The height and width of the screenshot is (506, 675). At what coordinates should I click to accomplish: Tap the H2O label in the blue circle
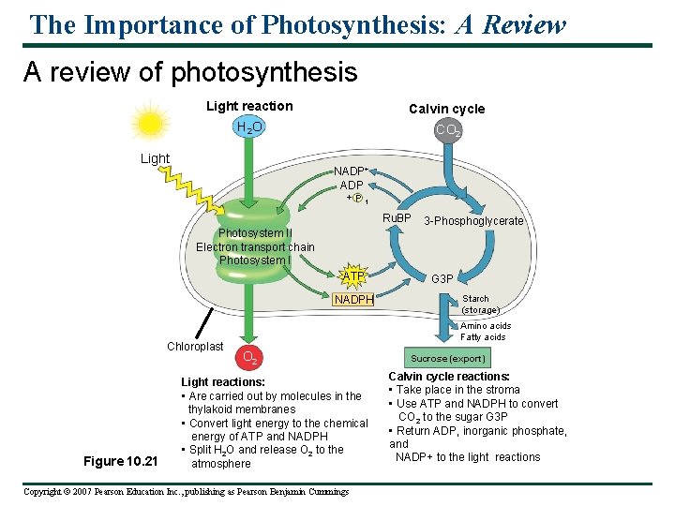(x=249, y=127)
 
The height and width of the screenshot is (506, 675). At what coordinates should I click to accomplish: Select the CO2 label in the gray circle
(x=447, y=131)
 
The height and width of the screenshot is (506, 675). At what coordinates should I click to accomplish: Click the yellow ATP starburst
(x=353, y=276)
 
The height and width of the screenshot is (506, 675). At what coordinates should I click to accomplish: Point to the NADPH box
(x=354, y=300)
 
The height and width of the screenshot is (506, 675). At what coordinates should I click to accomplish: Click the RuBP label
(x=397, y=218)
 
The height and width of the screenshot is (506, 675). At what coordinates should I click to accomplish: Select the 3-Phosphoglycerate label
(x=473, y=222)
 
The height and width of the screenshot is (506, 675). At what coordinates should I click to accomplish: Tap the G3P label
(x=442, y=279)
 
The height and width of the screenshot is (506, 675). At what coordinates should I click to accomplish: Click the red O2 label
(x=249, y=356)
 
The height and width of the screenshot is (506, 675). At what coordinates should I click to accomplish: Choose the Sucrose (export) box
(x=448, y=358)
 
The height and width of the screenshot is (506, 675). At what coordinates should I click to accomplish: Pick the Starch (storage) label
(x=480, y=305)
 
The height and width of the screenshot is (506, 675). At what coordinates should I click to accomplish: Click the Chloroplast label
(x=195, y=347)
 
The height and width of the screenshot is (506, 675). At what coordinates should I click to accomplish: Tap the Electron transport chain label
(x=255, y=247)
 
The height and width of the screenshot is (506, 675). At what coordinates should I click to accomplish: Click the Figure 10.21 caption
(x=121, y=461)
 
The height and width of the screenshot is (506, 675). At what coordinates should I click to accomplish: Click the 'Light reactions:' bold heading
(x=223, y=382)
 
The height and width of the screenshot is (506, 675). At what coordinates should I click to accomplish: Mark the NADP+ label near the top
(x=352, y=171)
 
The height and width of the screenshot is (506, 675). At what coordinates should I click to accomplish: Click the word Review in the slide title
(x=524, y=24)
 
